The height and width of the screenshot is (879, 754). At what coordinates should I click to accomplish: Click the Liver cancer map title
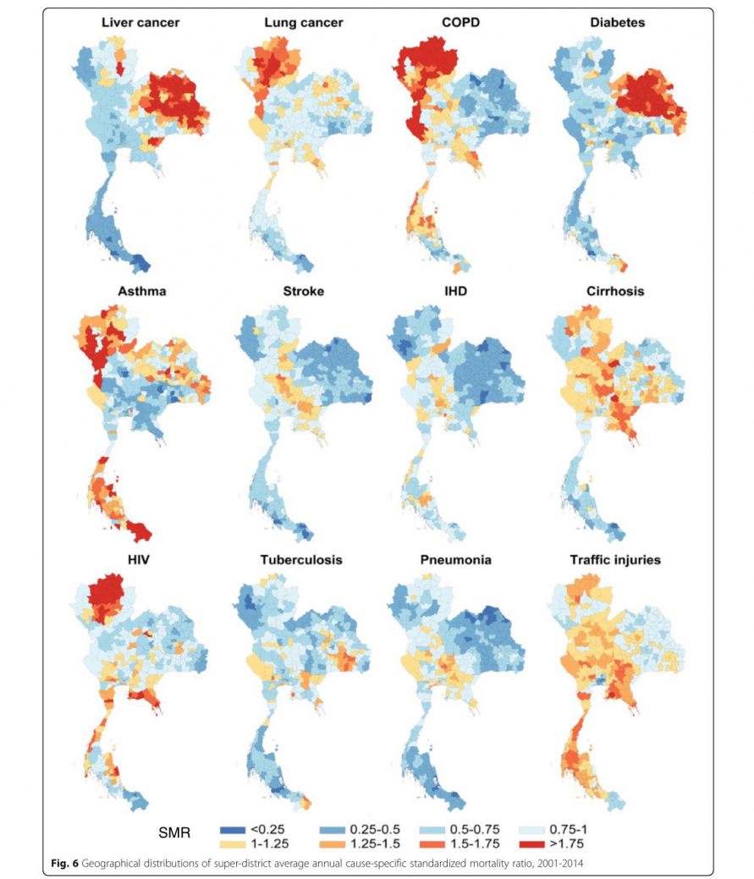pyautogui.click(x=140, y=23)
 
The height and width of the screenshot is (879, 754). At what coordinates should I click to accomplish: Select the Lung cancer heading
pyautogui.click(x=303, y=23)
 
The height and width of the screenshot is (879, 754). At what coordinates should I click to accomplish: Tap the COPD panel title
pyautogui.click(x=460, y=23)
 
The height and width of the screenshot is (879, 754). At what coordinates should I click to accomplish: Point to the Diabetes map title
pyautogui.click(x=617, y=23)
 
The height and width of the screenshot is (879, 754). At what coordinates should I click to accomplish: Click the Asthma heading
pyautogui.click(x=142, y=292)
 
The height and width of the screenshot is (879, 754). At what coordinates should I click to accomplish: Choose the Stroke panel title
pyautogui.click(x=304, y=292)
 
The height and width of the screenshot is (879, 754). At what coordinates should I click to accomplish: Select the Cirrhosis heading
pyautogui.click(x=615, y=292)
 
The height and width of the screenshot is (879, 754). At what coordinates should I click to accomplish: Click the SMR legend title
pyautogui.click(x=174, y=834)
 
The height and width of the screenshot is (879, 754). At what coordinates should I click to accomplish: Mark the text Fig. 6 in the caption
pyautogui.click(x=63, y=861)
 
